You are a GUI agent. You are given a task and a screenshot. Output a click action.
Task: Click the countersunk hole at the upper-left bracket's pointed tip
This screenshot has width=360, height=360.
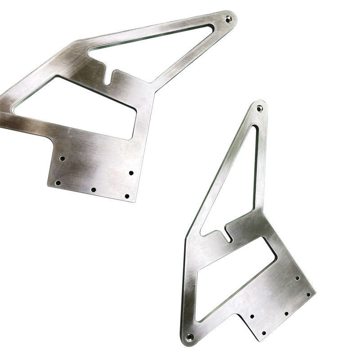228,18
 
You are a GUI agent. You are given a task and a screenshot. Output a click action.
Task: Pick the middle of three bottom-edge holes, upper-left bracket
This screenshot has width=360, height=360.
93,190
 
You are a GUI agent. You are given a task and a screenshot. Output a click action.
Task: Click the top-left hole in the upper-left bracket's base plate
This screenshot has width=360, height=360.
63,158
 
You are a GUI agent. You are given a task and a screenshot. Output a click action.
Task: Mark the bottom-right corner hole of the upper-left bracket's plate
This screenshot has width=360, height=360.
127,196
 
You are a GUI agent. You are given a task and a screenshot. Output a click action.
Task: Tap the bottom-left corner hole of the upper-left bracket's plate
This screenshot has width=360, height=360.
58,183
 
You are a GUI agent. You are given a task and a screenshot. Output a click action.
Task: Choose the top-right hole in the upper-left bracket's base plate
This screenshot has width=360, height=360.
131,173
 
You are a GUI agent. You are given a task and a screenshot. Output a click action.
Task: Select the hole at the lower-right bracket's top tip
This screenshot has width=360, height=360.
259,108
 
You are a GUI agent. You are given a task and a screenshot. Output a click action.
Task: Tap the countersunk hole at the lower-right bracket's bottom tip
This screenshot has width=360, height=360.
189,337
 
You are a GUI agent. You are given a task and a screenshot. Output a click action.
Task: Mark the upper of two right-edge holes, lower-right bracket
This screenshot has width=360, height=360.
297,278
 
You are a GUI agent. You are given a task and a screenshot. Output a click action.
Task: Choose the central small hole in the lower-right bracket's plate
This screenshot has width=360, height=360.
286,313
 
